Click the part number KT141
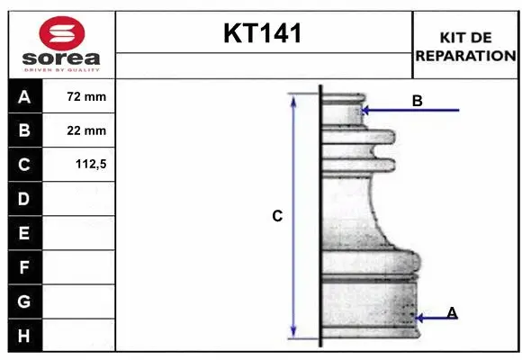(x=263, y=34)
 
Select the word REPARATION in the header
(x=465, y=55)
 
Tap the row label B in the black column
(x=24, y=131)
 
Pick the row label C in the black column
(x=24, y=165)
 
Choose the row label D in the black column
(x=24, y=199)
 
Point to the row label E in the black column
(x=24, y=233)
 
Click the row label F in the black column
(x=24, y=267)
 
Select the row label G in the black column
(x=24, y=301)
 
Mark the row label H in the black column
(x=24, y=336)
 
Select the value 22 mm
(x=86, y=131)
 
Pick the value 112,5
(x=86, y=165)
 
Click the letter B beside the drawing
(x=417, y=101)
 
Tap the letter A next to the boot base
(x=452, y=312)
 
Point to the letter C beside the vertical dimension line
(x=277, y=216)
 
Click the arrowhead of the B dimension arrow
(x=365, y=111)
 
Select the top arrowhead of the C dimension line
(x=292, y=99)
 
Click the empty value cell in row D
(x=79, y=199)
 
